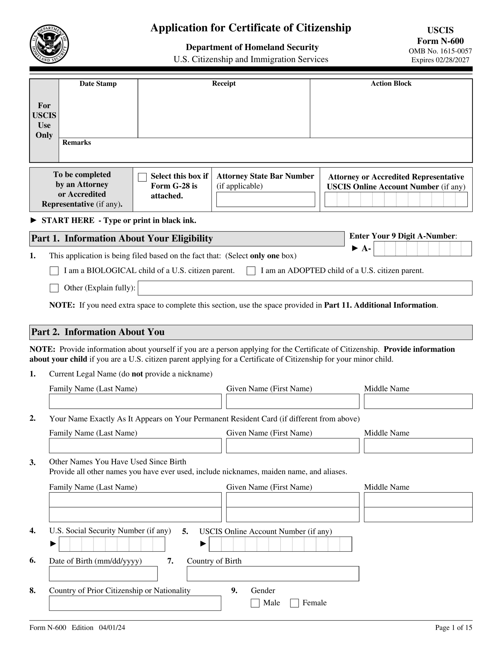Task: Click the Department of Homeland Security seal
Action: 49,44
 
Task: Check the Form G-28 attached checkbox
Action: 142,177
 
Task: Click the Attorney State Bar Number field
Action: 265,199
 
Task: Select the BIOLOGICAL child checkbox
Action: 54,271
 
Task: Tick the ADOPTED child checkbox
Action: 251,271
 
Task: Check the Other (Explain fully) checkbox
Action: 54,288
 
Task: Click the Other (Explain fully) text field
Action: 305,288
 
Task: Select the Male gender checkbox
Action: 255,603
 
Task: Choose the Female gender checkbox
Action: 294,603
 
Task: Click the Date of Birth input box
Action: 103,574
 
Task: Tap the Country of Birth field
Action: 273,574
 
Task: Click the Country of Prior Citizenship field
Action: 135,603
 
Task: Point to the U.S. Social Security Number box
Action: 112,544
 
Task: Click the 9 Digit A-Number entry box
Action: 423,249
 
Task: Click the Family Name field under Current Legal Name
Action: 135,401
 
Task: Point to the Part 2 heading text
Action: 98,332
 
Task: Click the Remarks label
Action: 76,142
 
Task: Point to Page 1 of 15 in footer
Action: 454,628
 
